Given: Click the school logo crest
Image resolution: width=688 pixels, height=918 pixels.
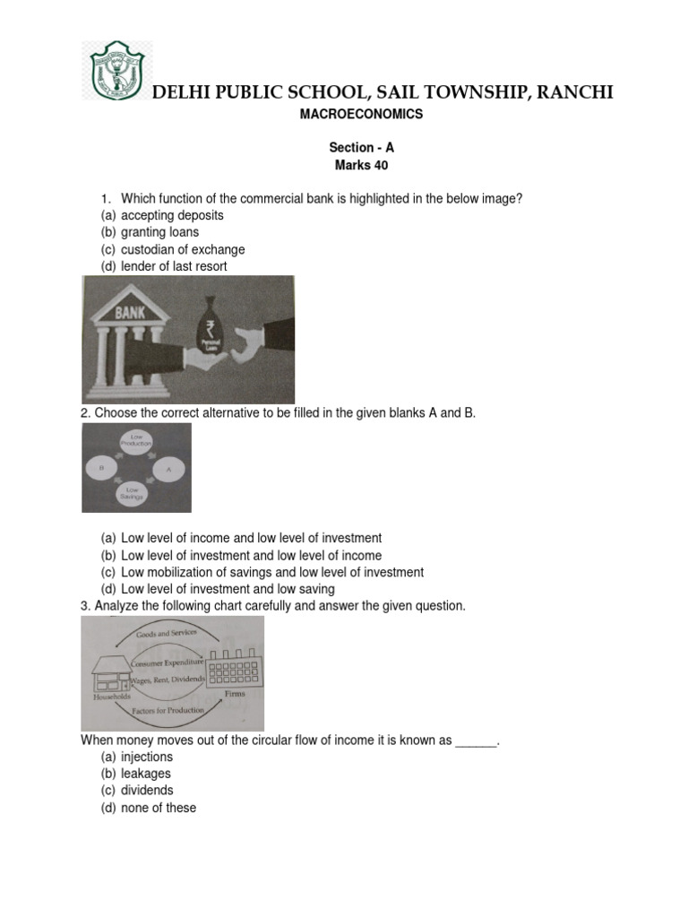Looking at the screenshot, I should coord(116,71).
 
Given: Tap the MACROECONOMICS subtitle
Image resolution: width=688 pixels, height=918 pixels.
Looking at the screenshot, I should coord(360,115).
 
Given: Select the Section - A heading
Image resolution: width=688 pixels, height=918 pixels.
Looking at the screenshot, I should coord(360,148).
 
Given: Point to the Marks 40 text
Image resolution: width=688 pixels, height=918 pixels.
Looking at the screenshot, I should coord(360,166).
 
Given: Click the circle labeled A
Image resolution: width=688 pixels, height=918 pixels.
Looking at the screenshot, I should coord(168,468).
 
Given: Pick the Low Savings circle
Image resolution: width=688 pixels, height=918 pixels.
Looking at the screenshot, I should coord(134,495).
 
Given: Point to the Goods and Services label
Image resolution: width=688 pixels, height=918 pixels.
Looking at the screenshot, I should coord(166,634).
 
